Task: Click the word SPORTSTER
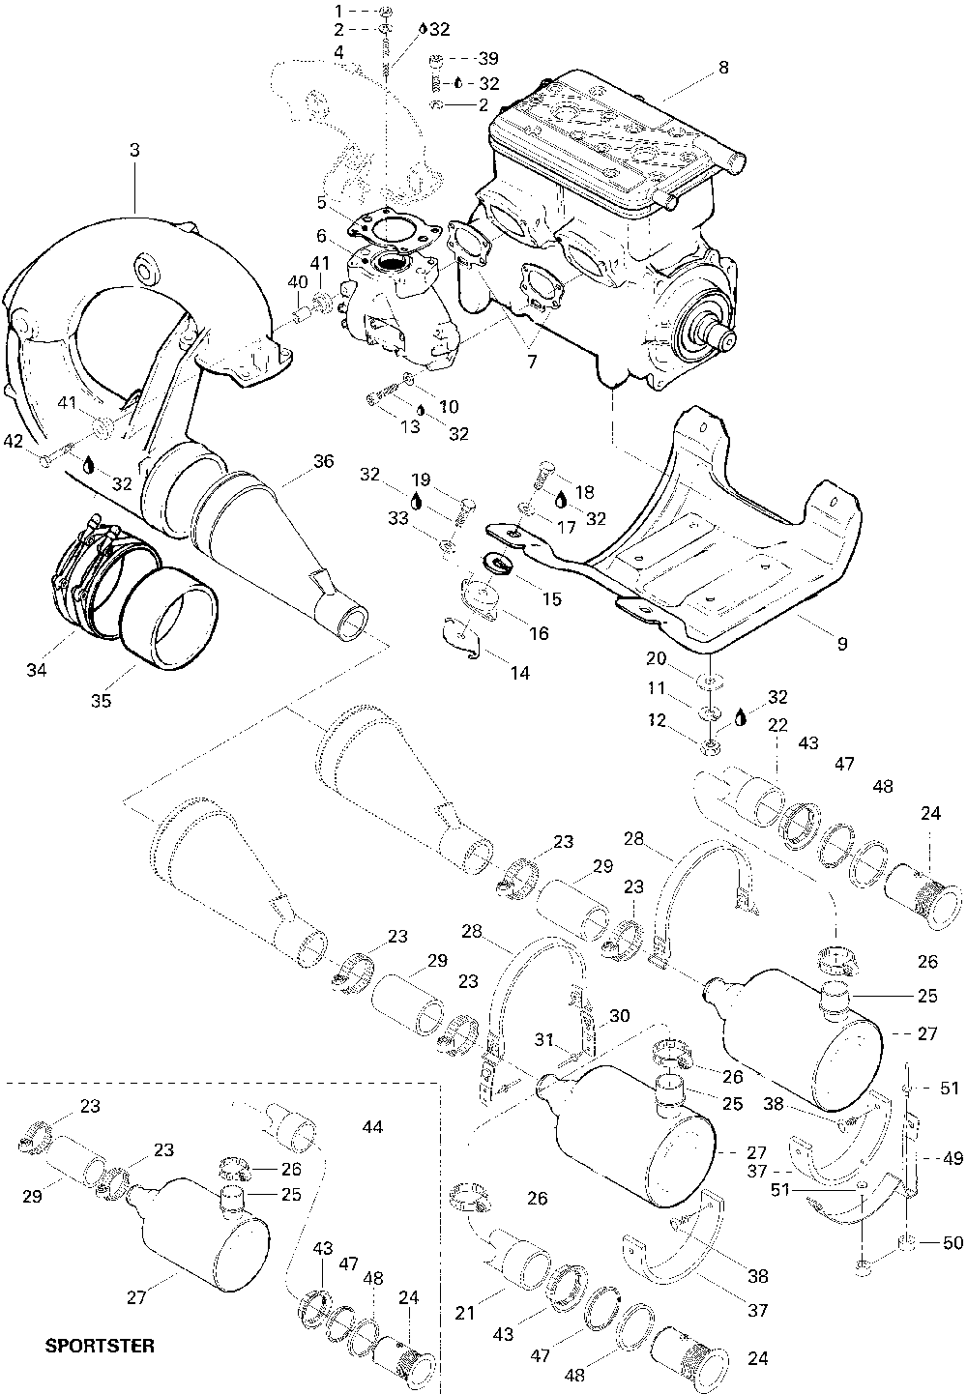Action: coord(100,1346)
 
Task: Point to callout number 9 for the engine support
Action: coord(840,643)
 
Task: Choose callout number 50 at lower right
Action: coord(952,1242)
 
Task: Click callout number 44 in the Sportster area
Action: coord(372,1126)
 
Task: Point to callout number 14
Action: coord(520,672)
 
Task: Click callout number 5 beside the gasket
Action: coord(322,202)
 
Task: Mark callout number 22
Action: coord(778,723)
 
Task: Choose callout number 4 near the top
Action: coord(337,52)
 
